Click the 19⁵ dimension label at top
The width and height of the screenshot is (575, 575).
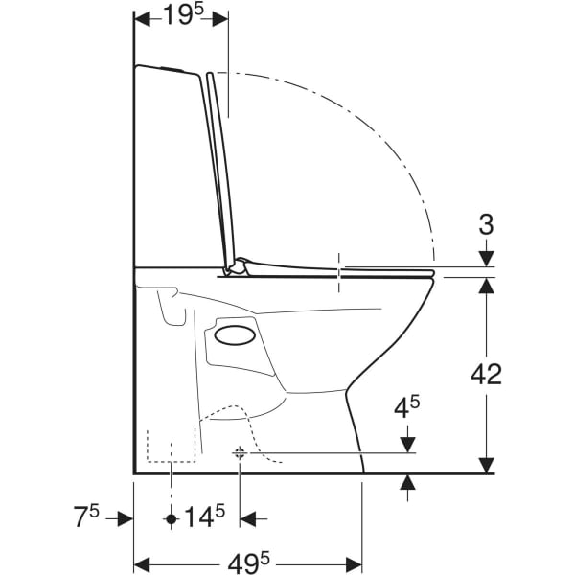point(182,14)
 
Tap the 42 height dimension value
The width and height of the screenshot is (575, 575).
point(486,375)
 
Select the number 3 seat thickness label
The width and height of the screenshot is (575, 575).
point(486,224)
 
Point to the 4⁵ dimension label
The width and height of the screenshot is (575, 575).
point(406,407)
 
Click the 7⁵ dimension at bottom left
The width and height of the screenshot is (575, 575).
point(86,516)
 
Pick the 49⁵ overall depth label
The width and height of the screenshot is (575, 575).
point(248,563)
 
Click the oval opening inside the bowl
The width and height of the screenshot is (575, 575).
point(235,335)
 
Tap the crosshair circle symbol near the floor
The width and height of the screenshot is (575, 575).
point(240,453)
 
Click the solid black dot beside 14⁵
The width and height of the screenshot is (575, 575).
point(172,518)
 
